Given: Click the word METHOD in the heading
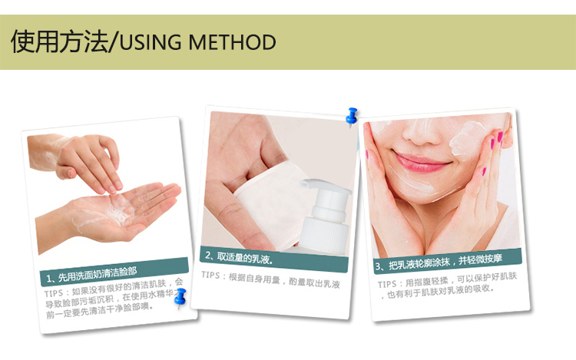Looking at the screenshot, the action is pyautogui.click(x=232, y=42).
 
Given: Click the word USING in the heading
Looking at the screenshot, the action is pyautogui.click(x=151, y=42).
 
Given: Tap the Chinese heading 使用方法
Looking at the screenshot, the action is pyautogui.click(x=60, y=41).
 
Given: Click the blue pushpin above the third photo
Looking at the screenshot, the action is pyautogui.click(x=352, y=117).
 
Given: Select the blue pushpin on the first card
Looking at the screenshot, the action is pyautogui.click(x=180, y=298).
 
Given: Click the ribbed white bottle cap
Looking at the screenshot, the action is pyautogui.click(x=325, y=235).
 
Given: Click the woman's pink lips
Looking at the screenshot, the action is pyautogui.click(x=422, y=163).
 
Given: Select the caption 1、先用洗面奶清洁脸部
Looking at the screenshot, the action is pyautogui.click(x=91, y=274).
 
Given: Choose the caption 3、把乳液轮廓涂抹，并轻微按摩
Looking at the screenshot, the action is pyautogui.click(x=439, y=262).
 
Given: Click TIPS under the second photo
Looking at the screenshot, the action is pyautogui.click(x=210, y=275).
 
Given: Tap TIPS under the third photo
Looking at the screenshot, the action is pyautogui.click(x=387, y=285).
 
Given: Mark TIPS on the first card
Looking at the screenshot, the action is pyautogui.click(x=54, y=293).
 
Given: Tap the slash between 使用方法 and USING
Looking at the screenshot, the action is pyautogui.click(x=114, y=42).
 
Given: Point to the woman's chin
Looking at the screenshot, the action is pyautogui.click(x=422, y=191).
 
